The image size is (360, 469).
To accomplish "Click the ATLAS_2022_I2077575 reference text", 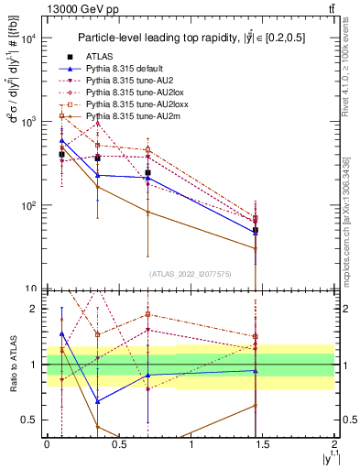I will (x=191, y=274).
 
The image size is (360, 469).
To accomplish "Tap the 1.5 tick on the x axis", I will (x=263, y=444).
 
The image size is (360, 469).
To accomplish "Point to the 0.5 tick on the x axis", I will (x=119, y=444).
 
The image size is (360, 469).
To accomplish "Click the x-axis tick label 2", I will (x=335, y=444).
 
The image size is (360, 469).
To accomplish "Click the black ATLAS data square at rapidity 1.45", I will (x=256, y=231).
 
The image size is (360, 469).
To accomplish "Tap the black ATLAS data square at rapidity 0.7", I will (x=147, y=172).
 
